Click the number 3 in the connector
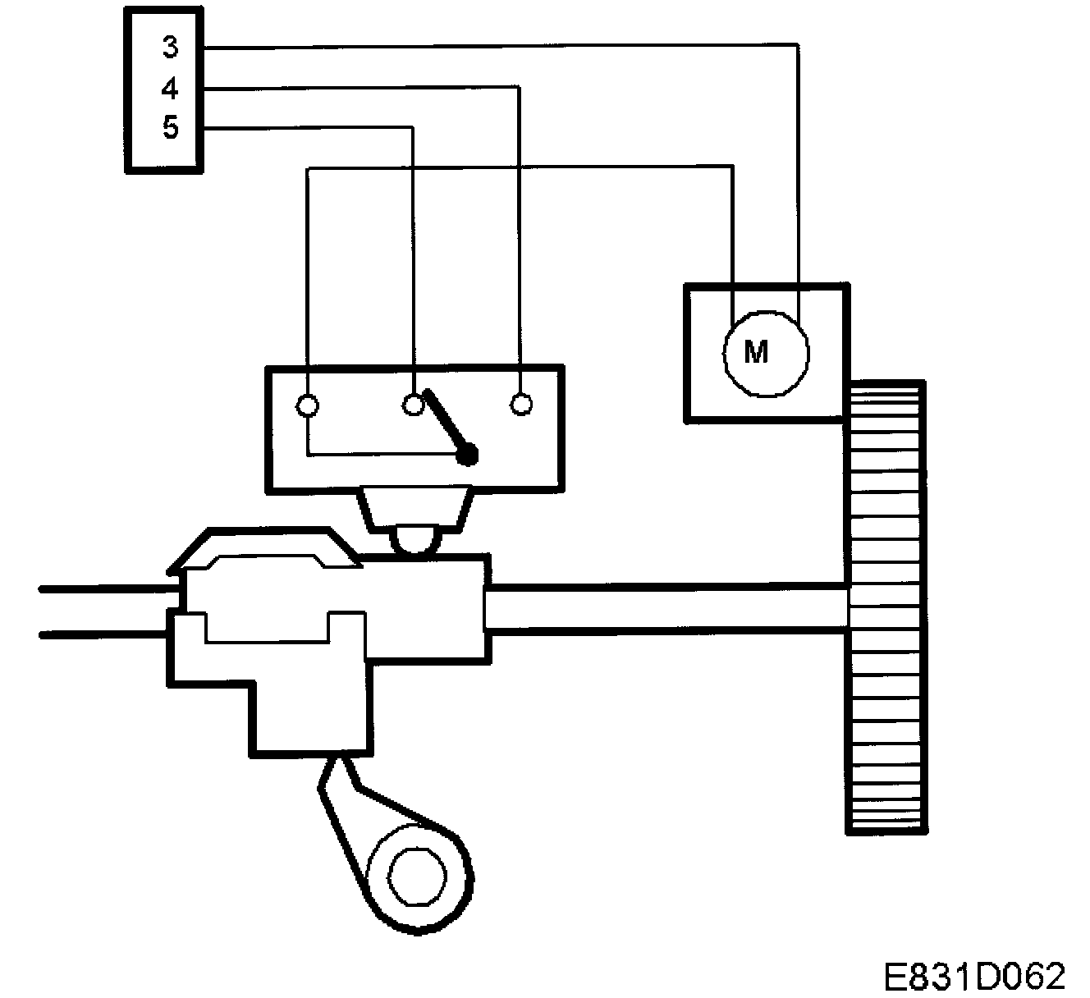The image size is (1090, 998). point(170,48)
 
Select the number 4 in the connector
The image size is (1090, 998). point(170,88)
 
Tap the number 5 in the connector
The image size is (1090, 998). point(170,127)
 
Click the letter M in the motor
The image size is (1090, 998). point(755,352)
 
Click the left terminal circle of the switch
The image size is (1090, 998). point(307,405)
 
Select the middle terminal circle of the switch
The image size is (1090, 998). point(413,405)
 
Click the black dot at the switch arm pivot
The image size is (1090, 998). point(468,454)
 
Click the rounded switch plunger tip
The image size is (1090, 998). point(417,540)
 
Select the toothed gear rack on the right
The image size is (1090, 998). point(885,607)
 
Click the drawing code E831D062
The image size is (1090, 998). point(974,976)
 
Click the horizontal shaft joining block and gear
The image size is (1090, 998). point(665,608)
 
